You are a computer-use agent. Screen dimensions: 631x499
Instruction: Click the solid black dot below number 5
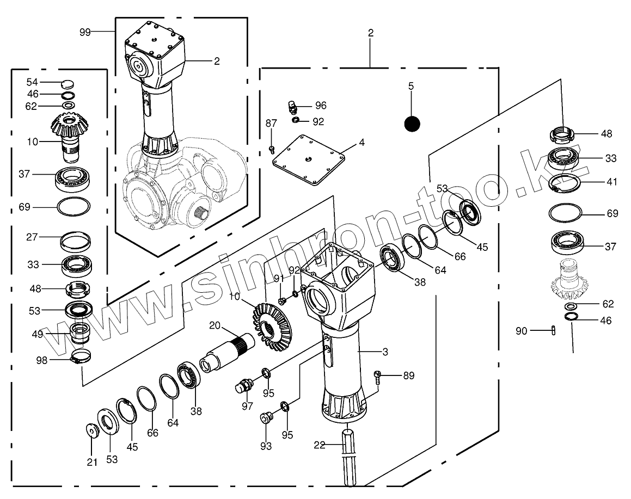point(412,124)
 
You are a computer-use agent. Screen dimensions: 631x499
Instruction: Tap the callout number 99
point(85,32)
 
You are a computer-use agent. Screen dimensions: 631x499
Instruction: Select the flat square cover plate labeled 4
point(309,159)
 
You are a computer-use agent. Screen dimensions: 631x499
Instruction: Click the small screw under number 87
point(272,150)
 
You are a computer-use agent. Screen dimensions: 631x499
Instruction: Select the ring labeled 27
point(75,241)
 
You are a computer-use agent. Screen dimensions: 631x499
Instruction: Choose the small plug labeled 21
point(93,430)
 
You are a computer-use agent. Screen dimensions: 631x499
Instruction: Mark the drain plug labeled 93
point(266,417)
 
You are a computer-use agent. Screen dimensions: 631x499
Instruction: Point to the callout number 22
point(320,445)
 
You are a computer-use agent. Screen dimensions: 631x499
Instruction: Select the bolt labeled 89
point(377,377)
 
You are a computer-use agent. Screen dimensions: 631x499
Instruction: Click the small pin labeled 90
point(553,330)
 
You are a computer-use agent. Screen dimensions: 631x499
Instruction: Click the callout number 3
point(385,352)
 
